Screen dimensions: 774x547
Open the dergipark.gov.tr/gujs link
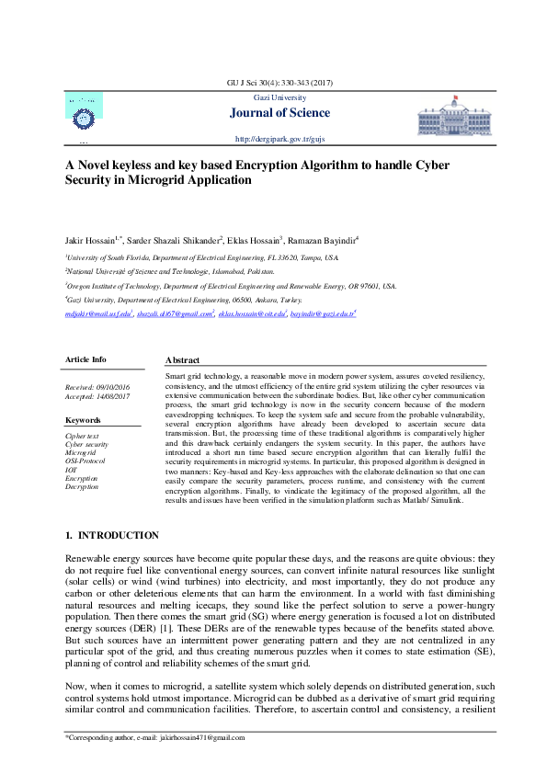tap(280, 139)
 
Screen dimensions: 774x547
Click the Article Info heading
tap(85, 359)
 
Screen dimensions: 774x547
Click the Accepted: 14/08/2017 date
tap(95, 397)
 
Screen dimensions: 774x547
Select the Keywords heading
tap(84, 420)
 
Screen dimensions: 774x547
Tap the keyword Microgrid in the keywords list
tap(81, 453)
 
